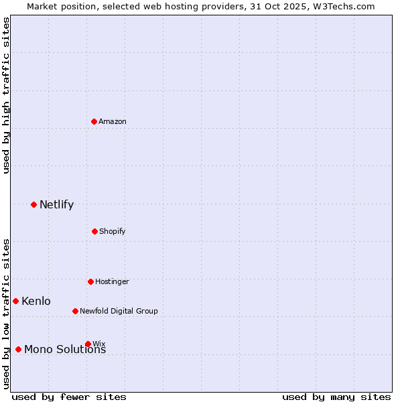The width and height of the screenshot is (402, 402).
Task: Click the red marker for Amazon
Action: [x=94, y=121]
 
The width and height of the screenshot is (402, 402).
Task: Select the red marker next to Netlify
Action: [x=33, y=204]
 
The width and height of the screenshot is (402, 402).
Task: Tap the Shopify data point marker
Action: [x=94, y=231]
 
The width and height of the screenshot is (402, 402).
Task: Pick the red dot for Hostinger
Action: [x=90, y=281]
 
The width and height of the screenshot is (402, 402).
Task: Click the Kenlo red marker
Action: [x=15, y=301]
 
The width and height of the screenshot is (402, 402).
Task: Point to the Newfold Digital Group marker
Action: [x=75, y=311]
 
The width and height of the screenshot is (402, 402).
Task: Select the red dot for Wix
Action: [x=88, y=344]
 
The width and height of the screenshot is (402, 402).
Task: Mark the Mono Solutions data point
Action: [x=18, y=349]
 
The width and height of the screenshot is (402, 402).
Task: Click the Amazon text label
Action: [x=113, y=121]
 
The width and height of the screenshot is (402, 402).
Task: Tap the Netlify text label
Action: [x=56, y=204]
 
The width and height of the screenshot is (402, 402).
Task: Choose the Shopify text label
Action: [x=113, y=231]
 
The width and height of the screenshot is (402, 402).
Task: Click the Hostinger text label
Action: [x=112, y=281]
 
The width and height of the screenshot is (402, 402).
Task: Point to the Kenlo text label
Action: [x=36, y=301]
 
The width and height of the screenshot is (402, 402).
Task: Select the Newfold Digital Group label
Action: [x=119, y=311]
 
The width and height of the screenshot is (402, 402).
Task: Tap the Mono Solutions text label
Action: [x=65, y=349]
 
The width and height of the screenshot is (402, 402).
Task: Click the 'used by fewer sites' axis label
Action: [x=69, y=397]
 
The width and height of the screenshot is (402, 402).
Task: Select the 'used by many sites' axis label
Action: [x=336, y=397]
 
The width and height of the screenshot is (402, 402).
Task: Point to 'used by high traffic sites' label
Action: [x=6, y=96]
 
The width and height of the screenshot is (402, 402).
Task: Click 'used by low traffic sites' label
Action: [x=6, y=314]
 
